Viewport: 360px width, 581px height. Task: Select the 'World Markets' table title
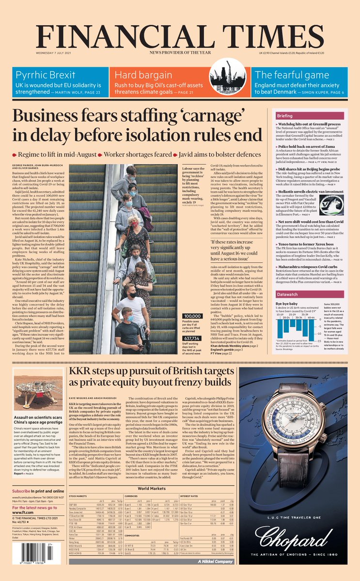(152, 489)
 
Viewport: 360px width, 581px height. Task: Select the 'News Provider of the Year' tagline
(180, 52)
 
